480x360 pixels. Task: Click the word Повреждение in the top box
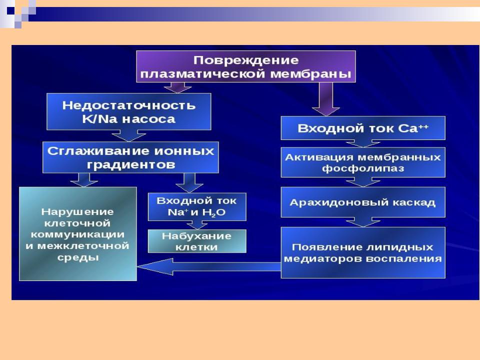point(246,60)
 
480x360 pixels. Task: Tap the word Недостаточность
point(129,105)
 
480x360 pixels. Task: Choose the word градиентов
point(130,165)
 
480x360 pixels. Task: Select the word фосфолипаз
point(363,168)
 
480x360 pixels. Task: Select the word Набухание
point(196,236)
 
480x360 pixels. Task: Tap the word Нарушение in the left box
point(77,212)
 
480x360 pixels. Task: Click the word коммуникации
point(78,235)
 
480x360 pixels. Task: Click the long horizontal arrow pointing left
point(209,266)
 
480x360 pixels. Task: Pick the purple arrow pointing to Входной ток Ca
point(325,99)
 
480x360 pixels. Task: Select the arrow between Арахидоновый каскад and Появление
point(363,222)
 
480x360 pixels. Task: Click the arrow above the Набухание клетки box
point(197,225)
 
